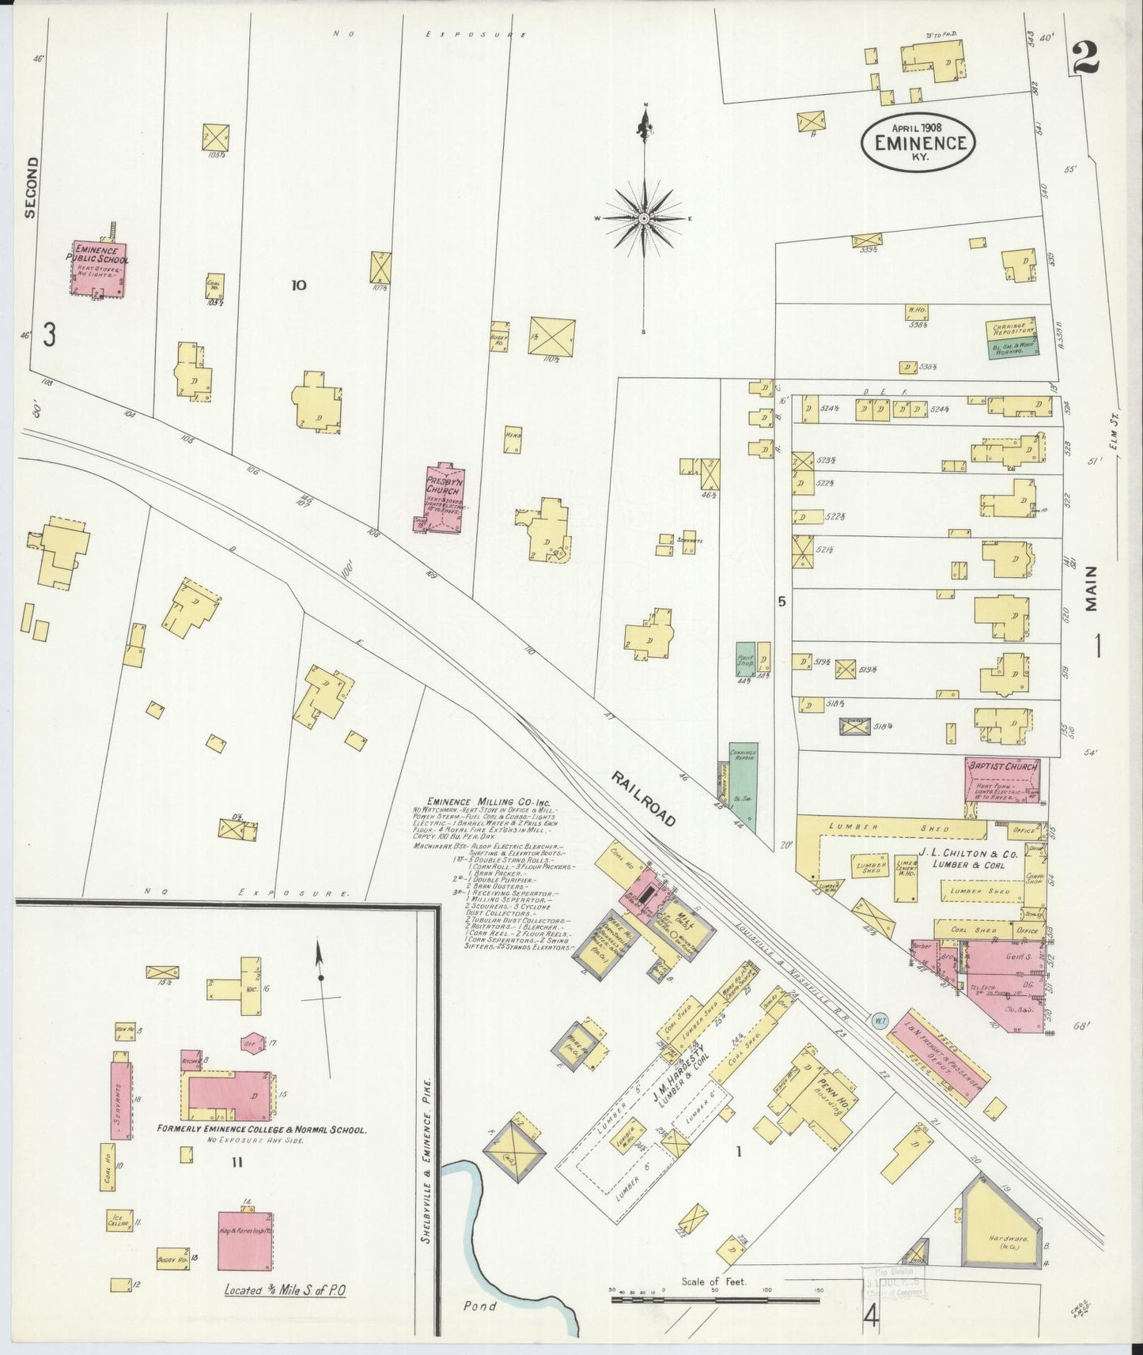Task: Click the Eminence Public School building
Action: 97,269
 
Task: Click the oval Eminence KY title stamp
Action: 918,142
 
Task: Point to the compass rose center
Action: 645,218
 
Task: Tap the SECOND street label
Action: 31,187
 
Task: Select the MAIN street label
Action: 1092,588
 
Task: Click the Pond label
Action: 479,1306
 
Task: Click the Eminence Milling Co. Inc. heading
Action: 482,800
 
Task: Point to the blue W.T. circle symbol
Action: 880,1021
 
